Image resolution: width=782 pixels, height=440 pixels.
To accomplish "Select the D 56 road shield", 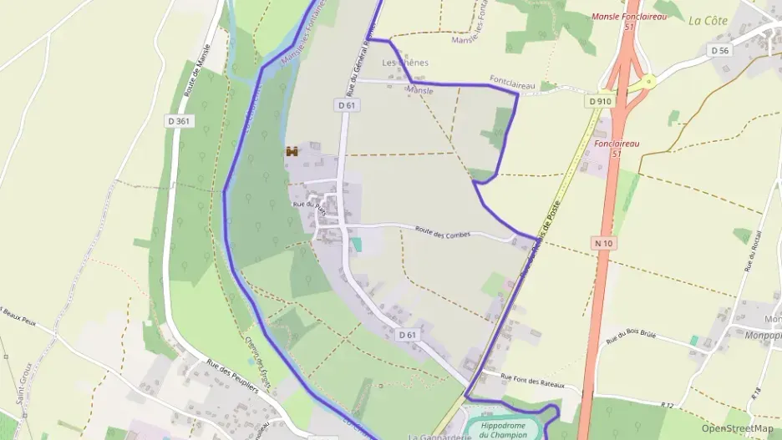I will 719,50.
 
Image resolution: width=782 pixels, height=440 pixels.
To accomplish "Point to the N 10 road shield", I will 604,242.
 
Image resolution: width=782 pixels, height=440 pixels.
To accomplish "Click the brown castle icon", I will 292,151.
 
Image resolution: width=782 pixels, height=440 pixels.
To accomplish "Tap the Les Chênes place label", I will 404,63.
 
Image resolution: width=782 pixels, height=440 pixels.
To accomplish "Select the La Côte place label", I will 708,21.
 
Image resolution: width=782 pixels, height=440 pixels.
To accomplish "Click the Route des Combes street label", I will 443,233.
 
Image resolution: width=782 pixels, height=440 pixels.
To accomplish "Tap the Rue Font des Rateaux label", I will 533,380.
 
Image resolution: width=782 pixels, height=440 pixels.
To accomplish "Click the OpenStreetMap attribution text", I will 737,428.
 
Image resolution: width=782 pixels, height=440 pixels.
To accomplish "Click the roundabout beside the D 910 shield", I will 645,82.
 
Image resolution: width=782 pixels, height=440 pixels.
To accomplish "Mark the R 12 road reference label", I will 666,405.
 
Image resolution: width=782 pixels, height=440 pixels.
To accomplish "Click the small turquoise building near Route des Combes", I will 357,244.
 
